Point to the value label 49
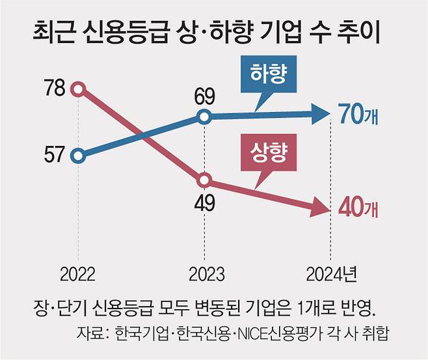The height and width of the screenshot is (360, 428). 204,203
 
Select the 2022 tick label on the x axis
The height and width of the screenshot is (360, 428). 78,272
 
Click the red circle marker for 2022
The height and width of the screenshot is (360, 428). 78,89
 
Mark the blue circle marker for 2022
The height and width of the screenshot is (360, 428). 78,156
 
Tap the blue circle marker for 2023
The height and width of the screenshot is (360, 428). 204,118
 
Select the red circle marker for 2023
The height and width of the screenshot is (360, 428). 204,180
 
